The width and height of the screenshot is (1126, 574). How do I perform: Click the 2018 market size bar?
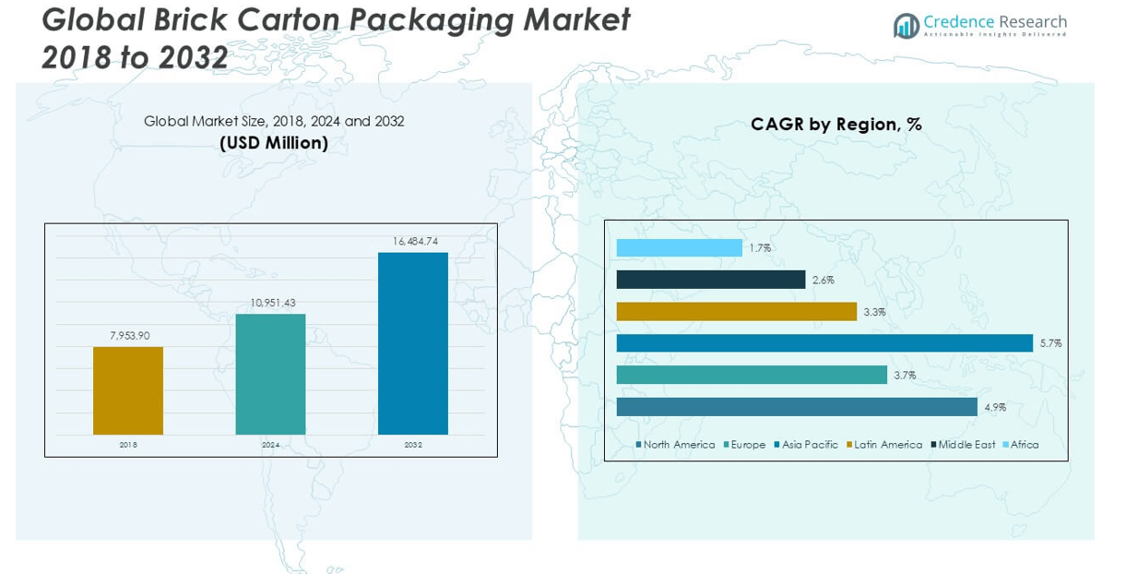pyautogui.click(x=128, y=390)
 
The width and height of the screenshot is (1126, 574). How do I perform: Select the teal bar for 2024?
pyautogui.click(x=270, y=374)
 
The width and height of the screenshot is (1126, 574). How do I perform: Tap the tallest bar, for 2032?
pyautogui.click(x=413, y=343)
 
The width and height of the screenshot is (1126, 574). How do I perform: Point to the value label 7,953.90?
pyautogui.click(x=129, y=336)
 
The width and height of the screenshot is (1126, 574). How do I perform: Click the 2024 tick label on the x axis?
pyautogui.click(x=270, y=445)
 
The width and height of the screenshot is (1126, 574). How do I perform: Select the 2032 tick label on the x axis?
pyautogui.click(x=413, y=445)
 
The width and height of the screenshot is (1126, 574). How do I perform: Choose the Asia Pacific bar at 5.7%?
pyautogui.click(x=824, y=343)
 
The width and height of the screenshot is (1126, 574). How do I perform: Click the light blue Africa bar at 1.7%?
pyautogui.click(x=679, y=248)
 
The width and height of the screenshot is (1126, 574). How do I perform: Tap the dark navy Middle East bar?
pyautogui.click(x=710, y=280)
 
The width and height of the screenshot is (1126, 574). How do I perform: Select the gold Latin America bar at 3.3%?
pyautogui.click(x=736, y=312)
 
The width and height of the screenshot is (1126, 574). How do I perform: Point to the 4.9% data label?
pyautogui.click(x=995, y=407)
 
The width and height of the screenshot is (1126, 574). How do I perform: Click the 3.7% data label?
pyautogui.click(x=905, y=376)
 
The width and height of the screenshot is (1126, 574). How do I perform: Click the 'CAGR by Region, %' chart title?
pyautogui.click(x=836, y=125)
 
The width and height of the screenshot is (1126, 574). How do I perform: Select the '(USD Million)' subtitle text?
pyautogui.click(x=274, y=143)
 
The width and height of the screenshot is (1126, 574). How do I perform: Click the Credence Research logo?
pyautogui.click(x=980, y=25)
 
